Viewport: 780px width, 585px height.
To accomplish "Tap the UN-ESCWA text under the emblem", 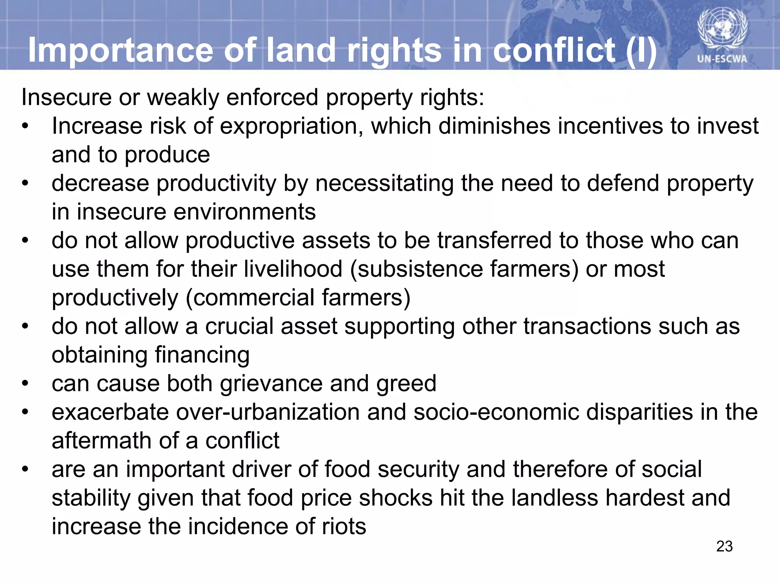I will pyautogui.click(x=722, y=59).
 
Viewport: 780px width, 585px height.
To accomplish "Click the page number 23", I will pyautogui.click(x=724, y=546).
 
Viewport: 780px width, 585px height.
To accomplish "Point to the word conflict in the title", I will pyautogui.click(x=554, y=50).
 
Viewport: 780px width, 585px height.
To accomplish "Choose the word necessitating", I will pyautogui.click(x=385, y=184).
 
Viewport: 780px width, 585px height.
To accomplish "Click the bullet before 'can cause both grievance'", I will pyautogui.click(x=25, y=384).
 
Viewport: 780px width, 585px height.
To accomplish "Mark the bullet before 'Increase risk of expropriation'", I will pyautogui.click(x=25, y=126).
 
